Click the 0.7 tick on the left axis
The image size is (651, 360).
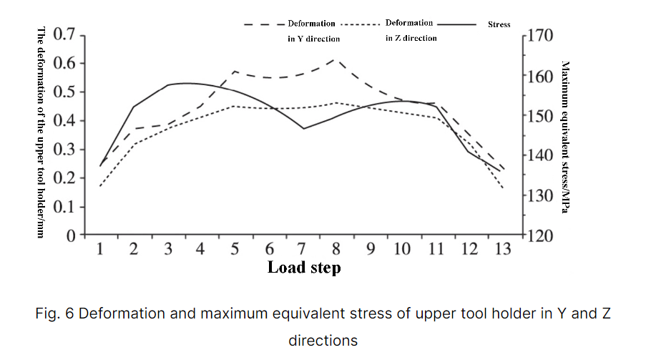(66, 34)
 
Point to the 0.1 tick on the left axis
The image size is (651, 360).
(66, 207)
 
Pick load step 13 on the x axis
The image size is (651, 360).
(504, 249)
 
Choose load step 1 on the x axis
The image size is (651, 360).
(101, 249)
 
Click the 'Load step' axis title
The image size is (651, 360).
(304, 268)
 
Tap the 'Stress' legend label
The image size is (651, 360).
(499, 24)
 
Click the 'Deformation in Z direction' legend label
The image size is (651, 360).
(410, 30)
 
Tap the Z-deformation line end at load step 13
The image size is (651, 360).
(504, 188)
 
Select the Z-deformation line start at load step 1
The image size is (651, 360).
(101, 186)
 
